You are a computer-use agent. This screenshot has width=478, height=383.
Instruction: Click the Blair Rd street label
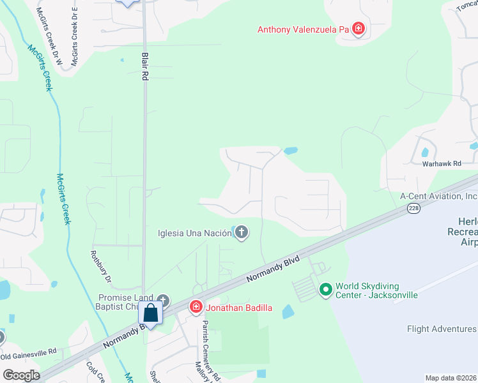click(145, 66)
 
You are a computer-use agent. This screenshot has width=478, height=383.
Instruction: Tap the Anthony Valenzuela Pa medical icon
click(358, 29)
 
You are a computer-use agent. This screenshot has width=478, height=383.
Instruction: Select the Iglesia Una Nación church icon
click(242, 232)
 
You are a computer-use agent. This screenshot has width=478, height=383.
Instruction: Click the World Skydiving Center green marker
click(326, 290)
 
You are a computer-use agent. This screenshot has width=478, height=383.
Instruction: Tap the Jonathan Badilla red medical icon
click(196, 308)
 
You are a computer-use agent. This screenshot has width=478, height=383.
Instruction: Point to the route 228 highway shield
click(413, 209)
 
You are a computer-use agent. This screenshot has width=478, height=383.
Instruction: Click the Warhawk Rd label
click(441, 164)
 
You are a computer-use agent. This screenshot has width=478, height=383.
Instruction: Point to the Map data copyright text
click(451, 378)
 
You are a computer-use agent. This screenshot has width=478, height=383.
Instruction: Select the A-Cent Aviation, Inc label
click(439, 197)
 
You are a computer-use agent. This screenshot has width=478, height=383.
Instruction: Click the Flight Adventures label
click(442, 329)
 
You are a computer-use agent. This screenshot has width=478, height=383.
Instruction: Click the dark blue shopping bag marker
click(151, 313)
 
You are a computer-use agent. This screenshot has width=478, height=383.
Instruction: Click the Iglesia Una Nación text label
click(194, 232)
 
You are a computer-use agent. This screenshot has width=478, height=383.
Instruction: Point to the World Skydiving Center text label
click(377, 290)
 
